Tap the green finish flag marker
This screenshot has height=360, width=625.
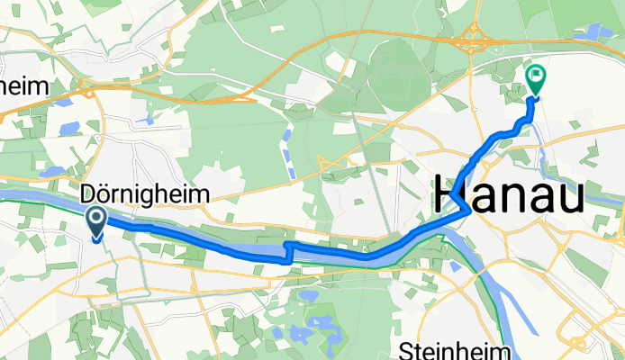click(535, 79)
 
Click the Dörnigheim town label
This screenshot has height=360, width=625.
click(145, 193)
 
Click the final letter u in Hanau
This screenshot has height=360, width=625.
click(571, 195)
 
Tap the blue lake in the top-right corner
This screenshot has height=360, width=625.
click(597, 31)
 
